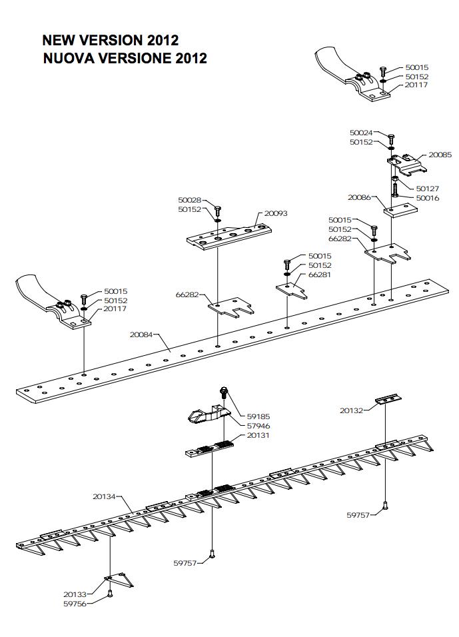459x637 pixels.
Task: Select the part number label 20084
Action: [141, 334]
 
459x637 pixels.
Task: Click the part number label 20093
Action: [276, 213]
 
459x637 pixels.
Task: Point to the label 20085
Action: [440, 155]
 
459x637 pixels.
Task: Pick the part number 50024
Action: [361, 133]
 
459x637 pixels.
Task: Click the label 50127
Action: [428, 189]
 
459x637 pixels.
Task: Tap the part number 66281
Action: [320, 275]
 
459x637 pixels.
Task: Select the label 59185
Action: [258, 416]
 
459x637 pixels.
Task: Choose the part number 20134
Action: [104, 496]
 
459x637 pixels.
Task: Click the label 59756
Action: [75, 604]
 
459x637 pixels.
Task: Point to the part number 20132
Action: [351, 410]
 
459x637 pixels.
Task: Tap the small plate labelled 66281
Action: [292, 290]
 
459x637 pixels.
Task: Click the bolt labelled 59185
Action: [223, 393]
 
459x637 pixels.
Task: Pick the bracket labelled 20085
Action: [406, 164]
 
